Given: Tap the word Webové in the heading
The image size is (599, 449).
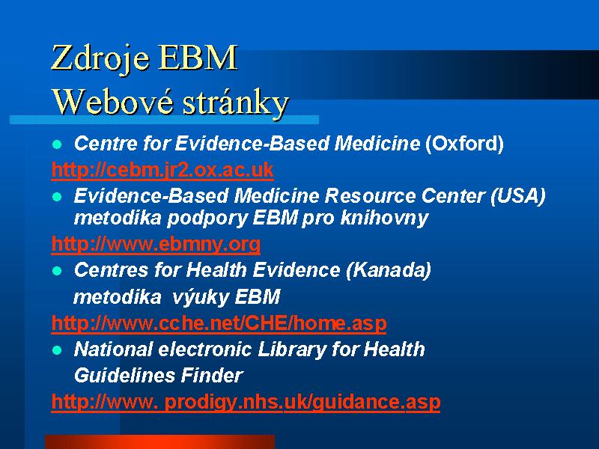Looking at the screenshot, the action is pyautogui.click(x=112, y=102).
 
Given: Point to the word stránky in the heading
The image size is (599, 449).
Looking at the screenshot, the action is pyautogui.click(x=235, y=103).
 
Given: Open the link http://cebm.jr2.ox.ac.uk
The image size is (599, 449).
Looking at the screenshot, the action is pyautogui.click(x=162, y=170).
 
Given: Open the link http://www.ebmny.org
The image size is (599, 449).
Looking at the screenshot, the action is pyautogui.click(x=156, y=244).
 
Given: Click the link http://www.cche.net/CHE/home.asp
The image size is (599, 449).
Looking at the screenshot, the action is pyautogui.click(x=219, y=323).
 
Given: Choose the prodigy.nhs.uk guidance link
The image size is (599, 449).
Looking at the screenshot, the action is pyautogui.click(x=246, y=402).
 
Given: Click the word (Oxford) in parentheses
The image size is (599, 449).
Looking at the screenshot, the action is pyautogui.click(x=464, y=144).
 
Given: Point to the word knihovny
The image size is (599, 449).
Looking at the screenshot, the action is pyautogui.click(x=384, y=219).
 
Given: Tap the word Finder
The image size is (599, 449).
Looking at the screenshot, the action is pyautogui.click(x=212, y=376).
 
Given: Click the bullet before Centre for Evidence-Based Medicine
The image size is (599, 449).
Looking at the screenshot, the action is pyautogui.click(x=57, y=144).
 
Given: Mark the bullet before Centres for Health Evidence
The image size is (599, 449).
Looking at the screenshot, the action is pyautogui.click(x=57, y=271).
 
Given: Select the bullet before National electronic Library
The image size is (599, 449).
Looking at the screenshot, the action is pyautogui.click(x=57, y=350).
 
